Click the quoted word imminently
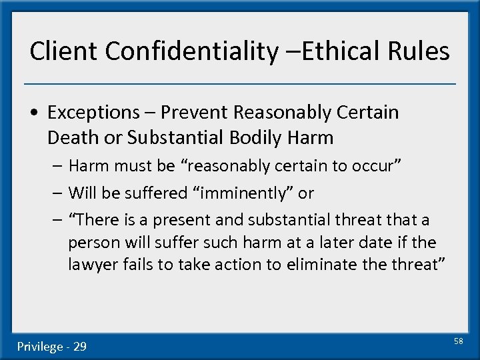(246, 193)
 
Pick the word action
(235, 265)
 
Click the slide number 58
(458, 341)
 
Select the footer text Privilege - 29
(52, 346)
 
